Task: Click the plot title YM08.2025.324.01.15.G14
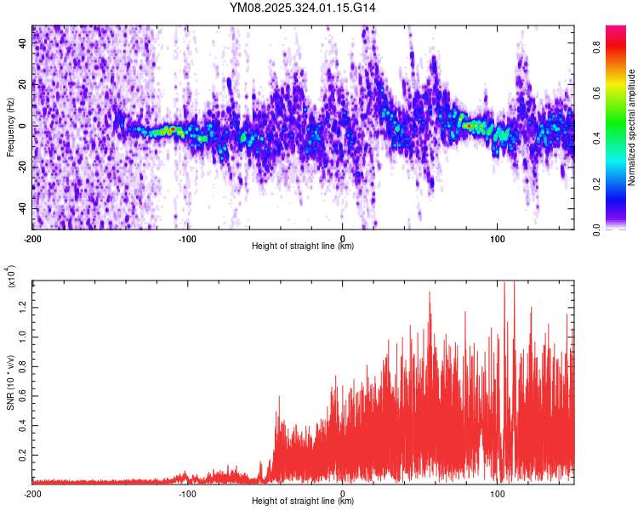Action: point(303,8)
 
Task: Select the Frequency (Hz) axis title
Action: point(10,127)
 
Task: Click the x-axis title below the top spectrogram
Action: point(303,246)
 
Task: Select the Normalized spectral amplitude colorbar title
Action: point(631,127)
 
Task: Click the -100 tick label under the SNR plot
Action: point(187,493)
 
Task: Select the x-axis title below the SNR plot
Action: point(303,501)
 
